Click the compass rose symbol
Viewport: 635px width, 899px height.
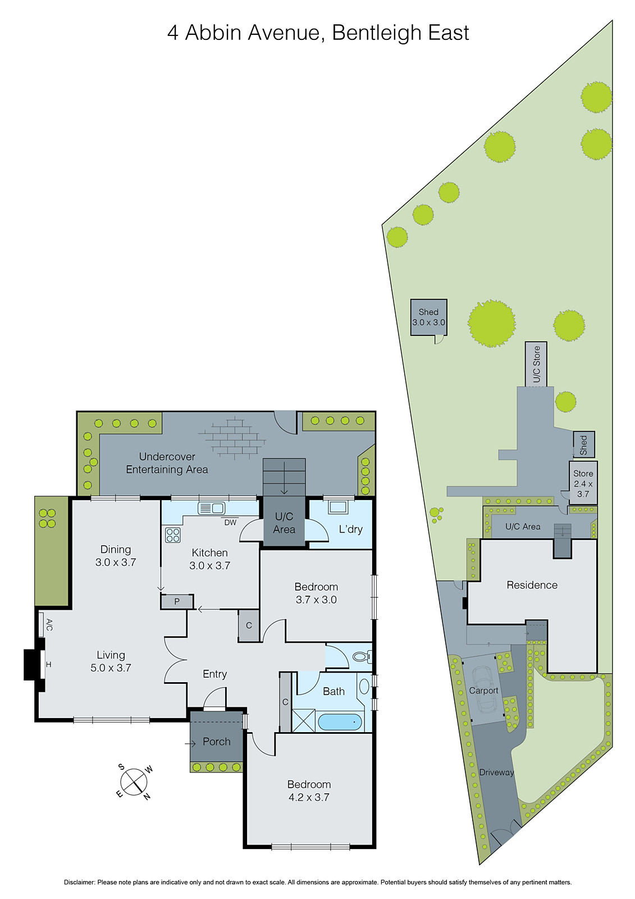[x=134, y=781]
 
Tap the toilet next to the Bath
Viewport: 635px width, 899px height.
[x=361, y=656]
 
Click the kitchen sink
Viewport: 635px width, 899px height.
[x=211, y=508]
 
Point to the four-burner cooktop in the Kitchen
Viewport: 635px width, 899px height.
[x=173, y=535]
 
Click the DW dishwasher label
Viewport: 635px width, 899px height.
[x=230, y=523]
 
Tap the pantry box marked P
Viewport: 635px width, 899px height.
[x=177, y=602]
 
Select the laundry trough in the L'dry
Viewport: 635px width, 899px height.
[x=338, y=507]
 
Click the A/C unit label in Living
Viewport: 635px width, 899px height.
[x=49, y=624]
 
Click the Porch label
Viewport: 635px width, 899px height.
[x=217, y=742]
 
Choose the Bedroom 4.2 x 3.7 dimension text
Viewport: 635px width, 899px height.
[x=309, y=797]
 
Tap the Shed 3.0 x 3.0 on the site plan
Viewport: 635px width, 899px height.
[x=428, y=317]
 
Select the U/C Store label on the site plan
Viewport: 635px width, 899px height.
[x=537, y=364]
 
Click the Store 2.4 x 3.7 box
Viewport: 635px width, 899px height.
[x=583, y=483]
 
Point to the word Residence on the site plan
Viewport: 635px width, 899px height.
[x=532, y=585]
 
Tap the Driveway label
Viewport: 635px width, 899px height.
[x=496, y=773]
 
